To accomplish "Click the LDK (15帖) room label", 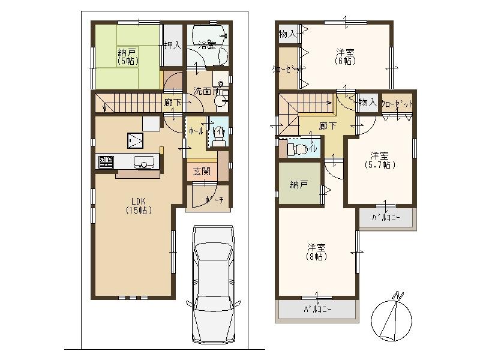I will pos(138,206).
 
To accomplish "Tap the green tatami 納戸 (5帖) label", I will pos(127,56).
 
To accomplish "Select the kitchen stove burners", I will pos(106,161).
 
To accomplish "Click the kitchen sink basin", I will pos(144,161).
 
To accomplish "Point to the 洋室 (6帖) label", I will pos(345,55).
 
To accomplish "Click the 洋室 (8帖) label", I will pos(317,251).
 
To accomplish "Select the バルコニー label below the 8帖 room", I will pos(317,310).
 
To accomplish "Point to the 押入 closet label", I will pos(173,44).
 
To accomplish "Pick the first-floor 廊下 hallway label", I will pos(172,103).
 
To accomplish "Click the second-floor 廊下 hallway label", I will pos(327,125).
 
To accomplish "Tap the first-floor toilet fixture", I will pos(219,137).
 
